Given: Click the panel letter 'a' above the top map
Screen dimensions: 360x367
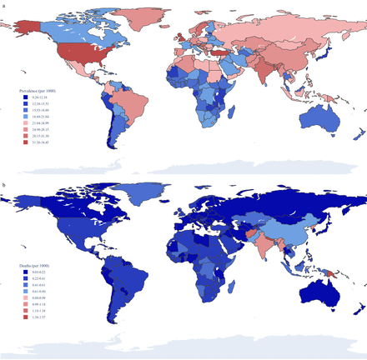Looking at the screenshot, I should [x=4, y=4].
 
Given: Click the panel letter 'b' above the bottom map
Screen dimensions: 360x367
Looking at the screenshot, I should [x=4, y=185].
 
